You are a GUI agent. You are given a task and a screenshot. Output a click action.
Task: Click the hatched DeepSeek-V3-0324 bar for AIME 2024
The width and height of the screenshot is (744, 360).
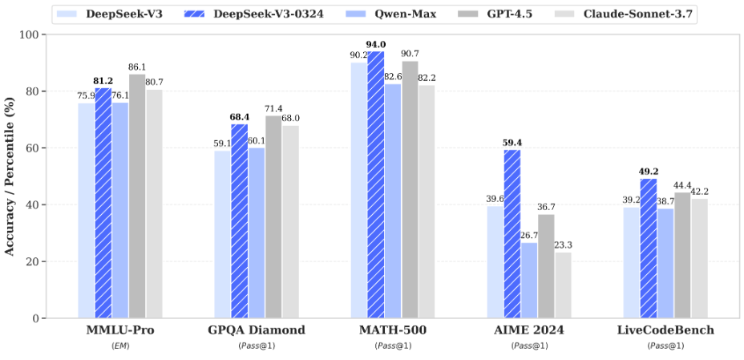[x=512, y=233]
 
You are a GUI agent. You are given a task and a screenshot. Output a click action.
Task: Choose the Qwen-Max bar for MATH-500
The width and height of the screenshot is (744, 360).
[x=393, y=200]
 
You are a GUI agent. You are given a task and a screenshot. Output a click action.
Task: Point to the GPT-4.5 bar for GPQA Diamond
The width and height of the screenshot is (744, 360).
[x=273, y=216]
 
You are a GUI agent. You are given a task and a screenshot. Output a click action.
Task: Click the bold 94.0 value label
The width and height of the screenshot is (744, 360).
[x=376, y=45]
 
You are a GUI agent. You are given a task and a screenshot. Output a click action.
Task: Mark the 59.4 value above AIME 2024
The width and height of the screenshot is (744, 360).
[x=512, y=144]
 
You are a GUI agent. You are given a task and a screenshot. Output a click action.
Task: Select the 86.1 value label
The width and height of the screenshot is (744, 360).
[x=137, y=67]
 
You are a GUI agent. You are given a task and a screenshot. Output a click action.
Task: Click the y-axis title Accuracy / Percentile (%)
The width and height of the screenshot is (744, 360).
[x=10, y=176]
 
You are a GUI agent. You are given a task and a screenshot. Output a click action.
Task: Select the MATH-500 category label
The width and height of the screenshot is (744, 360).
[x=393, y=330]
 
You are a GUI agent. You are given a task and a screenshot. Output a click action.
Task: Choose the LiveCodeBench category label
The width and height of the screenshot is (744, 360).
[x=665, y=330]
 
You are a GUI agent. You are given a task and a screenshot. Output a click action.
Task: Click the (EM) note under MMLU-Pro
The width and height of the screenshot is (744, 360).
[x=120, y=346]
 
